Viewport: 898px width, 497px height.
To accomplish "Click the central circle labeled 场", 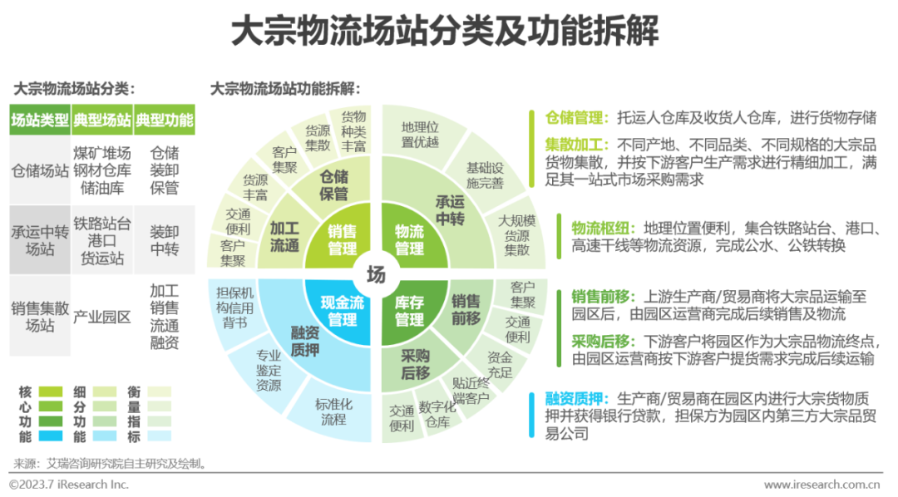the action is pyautogui.click(x=376, y=274).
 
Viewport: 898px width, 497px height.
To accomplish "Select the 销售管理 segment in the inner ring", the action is pyautogui.click(x=342, y=239).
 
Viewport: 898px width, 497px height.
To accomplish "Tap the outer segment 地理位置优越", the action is pyautogui.click(x=419, y=134).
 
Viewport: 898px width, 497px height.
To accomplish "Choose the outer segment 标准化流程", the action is pyautogui.click(x=333, y=411).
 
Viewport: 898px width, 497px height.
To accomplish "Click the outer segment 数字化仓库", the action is pyautogui.click(x=437, y=415).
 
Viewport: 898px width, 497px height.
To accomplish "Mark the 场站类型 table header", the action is pyautogui.click(x=40, y=120).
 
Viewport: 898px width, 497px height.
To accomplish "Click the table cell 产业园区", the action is pyautogui.click(x=101, y=317).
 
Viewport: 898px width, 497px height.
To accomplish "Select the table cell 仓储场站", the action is pyautogui.click(x=40, y=170).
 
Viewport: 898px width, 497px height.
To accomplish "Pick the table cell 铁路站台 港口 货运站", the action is pyautogui.click(x=101, y=240).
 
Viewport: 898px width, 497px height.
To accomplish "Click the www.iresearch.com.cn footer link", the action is pyautogui.click(x=822, y=485).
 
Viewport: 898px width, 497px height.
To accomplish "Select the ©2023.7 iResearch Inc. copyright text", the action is pyautogui.click(x=69, y=484).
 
